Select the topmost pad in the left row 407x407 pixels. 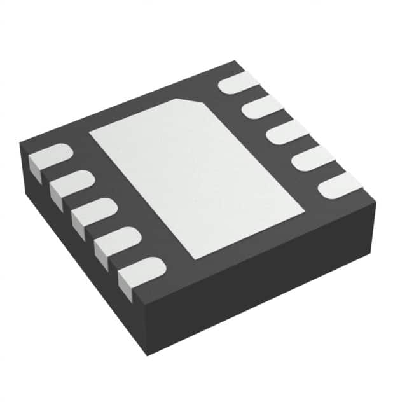pos(48,157)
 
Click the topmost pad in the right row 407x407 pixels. pos(238,83)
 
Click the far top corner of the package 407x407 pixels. pos(235,62)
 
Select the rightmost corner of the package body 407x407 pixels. pos(376,202)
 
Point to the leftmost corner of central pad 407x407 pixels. pos(90,133)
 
